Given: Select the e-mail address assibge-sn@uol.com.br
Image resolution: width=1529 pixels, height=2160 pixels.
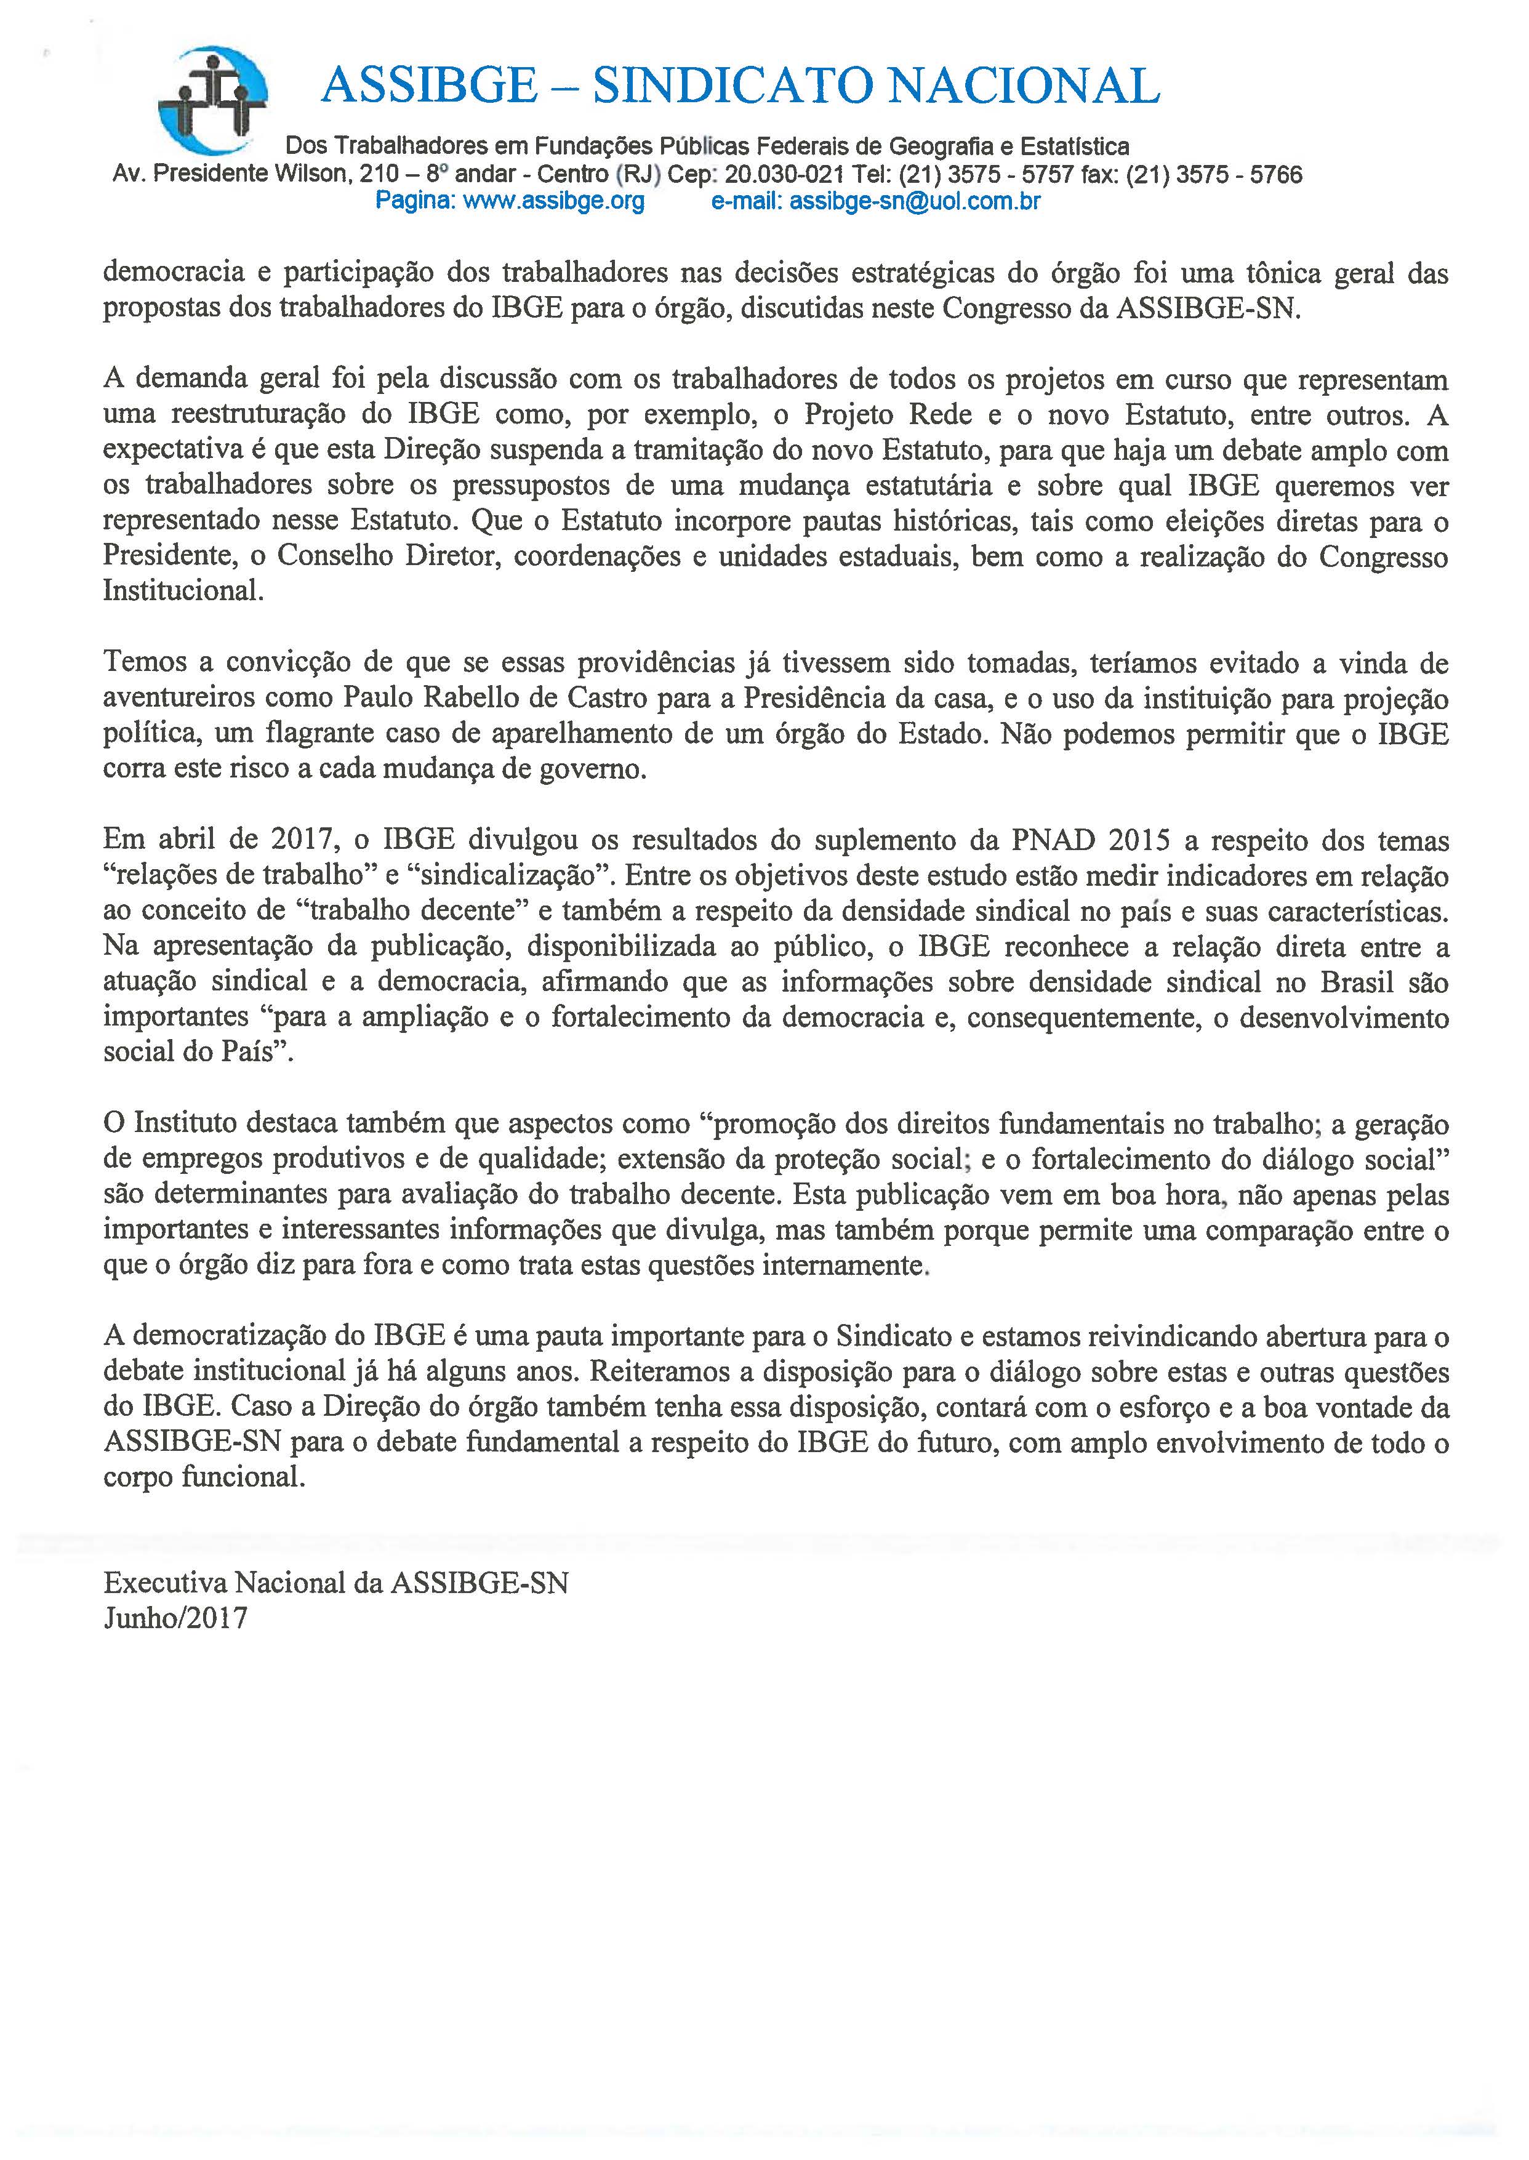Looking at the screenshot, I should [x=914, y=201].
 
